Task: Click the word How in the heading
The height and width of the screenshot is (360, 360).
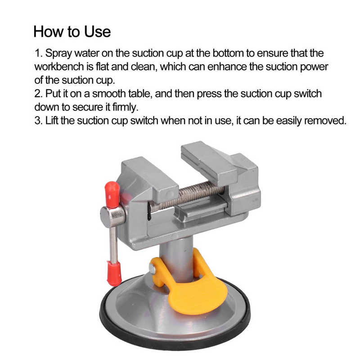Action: [x=48, y=31]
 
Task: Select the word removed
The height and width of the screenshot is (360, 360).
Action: [x=325, y=121]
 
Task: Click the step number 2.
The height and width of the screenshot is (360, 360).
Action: [x=38, y=94]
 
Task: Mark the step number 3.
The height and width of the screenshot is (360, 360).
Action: [x=38, y=121]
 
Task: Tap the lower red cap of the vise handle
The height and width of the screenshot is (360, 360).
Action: [x=114, y=274]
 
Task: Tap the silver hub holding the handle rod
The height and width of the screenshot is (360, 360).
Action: [x=112, y=217]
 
